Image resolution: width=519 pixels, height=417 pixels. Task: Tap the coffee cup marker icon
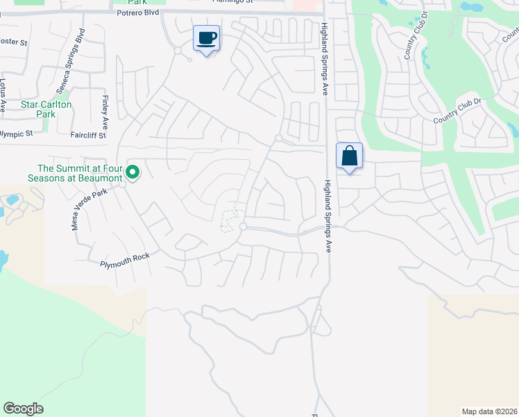coord(206,38)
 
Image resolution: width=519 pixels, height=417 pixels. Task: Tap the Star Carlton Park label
coord(46,109)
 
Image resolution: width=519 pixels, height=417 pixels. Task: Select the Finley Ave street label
coord(105,113)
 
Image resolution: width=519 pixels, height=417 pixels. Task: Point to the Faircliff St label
coord(88,136)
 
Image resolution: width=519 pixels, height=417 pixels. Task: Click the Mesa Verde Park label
coord(87,208)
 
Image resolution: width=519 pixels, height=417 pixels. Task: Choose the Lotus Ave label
coord(3,95)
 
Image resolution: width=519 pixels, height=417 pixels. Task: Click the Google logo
coord(23,409)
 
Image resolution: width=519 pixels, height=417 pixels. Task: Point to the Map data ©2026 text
coord(489,411)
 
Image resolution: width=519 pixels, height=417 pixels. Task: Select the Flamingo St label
coord(232,2)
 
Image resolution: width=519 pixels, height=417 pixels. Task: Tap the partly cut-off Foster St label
coord(13,42)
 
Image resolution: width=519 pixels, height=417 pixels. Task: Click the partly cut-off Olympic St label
coord(17,133)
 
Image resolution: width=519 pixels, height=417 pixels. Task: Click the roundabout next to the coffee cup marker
coord(178,50)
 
